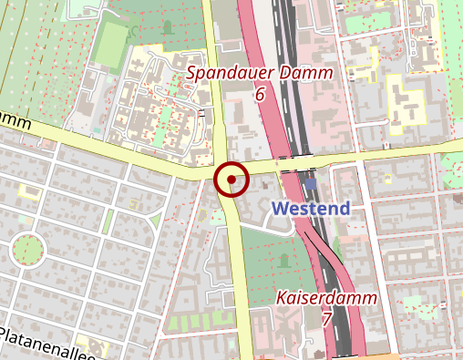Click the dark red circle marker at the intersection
(x=231, y=179)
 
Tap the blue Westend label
(x=311, y=209)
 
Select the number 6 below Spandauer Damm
(x=260, y=94)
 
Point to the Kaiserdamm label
(x=325, y=298)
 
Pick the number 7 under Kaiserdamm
(x=326, y=319)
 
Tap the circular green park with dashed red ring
(x=27, y=247)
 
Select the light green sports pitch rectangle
(x=110, y=43)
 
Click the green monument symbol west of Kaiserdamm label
(x=283, y=262)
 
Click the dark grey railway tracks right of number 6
(x=292, y=91)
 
